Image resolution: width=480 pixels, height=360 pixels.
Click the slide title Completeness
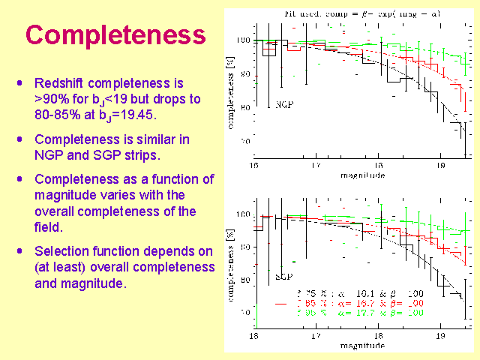click(x=115, y=34)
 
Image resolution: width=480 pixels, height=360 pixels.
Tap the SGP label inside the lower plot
click(x=283, y=277)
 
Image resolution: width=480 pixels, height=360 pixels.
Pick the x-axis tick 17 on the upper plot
click(x=316, y=166)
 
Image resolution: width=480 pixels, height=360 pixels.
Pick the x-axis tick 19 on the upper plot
click(x=442, y=166)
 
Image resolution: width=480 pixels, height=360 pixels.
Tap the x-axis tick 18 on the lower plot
click(x=379, y=340)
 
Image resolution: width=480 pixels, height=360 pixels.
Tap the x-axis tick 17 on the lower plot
click(x=316, y=340)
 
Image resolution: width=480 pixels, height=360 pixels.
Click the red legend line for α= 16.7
click(x=281, y=302)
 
